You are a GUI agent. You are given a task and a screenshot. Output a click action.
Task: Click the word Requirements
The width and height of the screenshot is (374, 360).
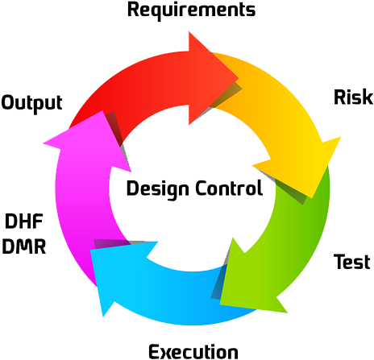[191, 10]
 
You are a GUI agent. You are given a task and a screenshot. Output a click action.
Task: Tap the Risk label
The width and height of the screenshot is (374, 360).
[353, 98]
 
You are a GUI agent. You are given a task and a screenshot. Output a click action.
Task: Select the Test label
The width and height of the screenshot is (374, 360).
[351, 262]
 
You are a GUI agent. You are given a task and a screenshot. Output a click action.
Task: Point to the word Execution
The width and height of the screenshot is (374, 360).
[193, 351]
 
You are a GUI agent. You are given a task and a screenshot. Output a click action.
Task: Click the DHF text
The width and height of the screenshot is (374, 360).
[24, 221]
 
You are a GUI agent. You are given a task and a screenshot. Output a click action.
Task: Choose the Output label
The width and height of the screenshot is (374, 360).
[32, 102]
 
